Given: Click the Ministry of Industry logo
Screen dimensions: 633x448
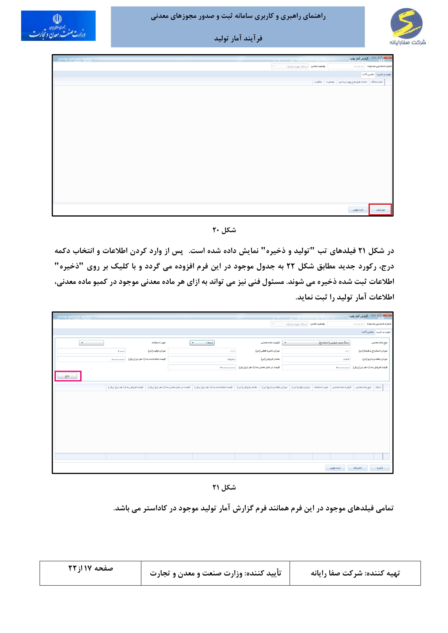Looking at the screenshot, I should pyautogui.click(x=58, y=26).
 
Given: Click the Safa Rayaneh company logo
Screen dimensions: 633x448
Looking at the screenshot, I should pyautogui.click(x=407, y=26).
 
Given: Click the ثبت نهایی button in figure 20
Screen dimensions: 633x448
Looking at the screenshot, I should pyautogui.click(x=358, y=210).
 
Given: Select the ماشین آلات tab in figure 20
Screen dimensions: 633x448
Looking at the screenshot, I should pyautogui.click(x=368, y=74).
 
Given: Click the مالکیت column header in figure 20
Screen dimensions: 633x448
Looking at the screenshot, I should pyautogui.click(x=318, y=82).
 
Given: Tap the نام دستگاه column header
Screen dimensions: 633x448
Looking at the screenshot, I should pyautogui.click(x=377, y=82).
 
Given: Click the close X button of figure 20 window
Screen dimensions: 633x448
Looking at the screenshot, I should pyautogui.click(x=388, y=58).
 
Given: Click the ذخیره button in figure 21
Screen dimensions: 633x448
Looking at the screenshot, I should pyautogui.click(x=379, y=468).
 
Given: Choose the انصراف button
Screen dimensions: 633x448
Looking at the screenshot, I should pyautogui.click(x=357, y=468).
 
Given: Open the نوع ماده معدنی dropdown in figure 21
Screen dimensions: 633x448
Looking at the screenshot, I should pyautogui.click(x=316, y=343).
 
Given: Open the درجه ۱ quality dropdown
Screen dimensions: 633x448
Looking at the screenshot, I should pyautogui.click(x=202, y=343).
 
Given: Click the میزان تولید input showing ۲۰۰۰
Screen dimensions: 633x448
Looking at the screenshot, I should pyautogui.click(x=91, y=351).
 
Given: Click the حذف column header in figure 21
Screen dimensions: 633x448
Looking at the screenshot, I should pyautogui.click(x=378, y=387).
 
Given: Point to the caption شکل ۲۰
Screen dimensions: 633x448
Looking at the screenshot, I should pyautogui.click(x=224, y=230).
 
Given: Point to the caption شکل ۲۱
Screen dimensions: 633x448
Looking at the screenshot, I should pyautogui.click(x=224, y=487).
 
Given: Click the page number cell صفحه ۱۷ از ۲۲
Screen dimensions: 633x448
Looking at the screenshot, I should pyautogui.click(x=90, y=568).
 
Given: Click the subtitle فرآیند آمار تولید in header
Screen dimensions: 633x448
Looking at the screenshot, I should pyautogui.click(x=238, y=38).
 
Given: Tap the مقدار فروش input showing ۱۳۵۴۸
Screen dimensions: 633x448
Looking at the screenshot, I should pyautogui.click(x=202, y=359).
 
